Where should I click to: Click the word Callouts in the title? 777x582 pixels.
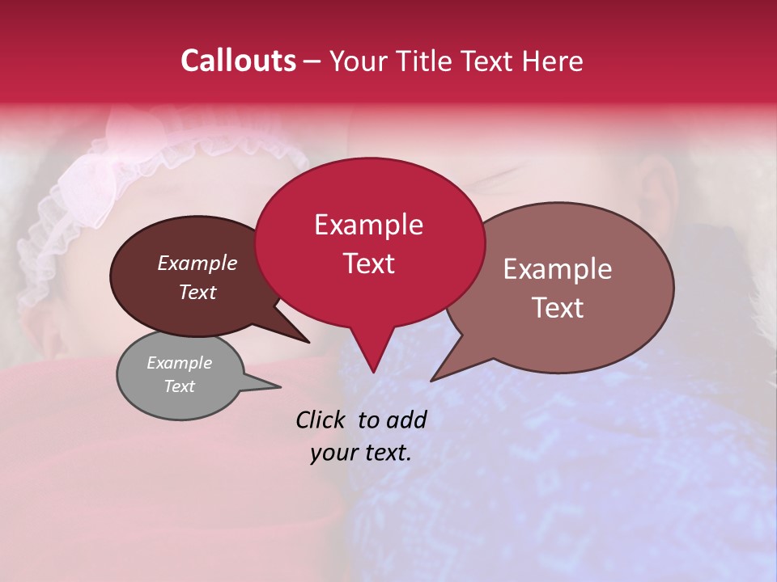(238, 61)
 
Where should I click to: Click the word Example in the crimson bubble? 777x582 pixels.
(368, 225)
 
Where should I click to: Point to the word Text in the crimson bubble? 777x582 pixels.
(368, 264)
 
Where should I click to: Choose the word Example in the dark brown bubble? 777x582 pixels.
(197, 264)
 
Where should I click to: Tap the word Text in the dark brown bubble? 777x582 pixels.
(197, 292)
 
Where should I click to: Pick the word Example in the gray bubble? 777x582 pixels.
(179, 363)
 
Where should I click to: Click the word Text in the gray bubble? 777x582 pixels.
(179, 386)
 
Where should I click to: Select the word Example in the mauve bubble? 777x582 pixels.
(558, 269)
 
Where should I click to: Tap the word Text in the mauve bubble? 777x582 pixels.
(558, 307)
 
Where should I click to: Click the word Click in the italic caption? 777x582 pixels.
(321, 420)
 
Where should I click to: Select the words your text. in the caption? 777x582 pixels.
(360, 453)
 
